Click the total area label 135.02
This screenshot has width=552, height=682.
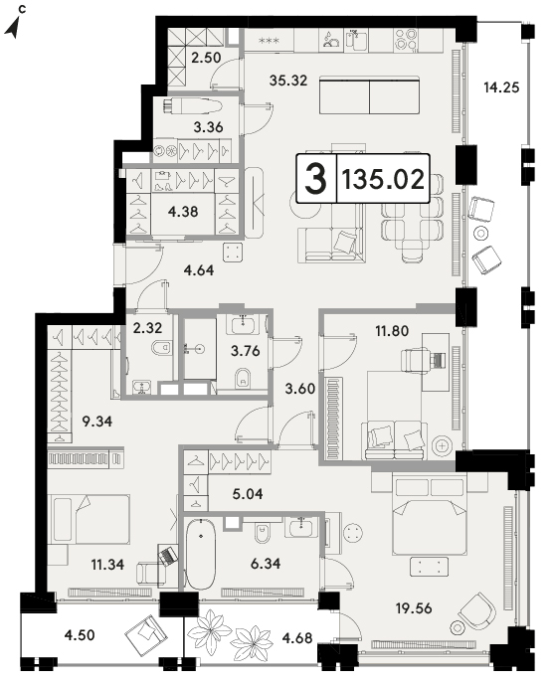383,179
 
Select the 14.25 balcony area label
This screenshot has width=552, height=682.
501,87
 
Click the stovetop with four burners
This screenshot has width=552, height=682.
406,39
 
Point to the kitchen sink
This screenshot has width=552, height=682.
357,39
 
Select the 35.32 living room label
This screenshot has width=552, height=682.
288,80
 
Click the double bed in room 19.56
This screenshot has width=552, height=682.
430,516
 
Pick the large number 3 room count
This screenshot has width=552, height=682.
315,178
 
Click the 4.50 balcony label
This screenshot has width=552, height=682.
80,635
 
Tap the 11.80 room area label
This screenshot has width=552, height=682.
392,331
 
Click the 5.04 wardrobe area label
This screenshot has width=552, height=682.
248,494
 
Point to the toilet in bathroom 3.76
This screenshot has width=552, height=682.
243,379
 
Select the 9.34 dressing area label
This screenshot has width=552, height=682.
97,422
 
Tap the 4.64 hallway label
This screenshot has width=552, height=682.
199,270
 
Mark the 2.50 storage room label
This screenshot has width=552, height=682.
207,58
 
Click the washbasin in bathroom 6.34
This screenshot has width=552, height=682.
301,529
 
